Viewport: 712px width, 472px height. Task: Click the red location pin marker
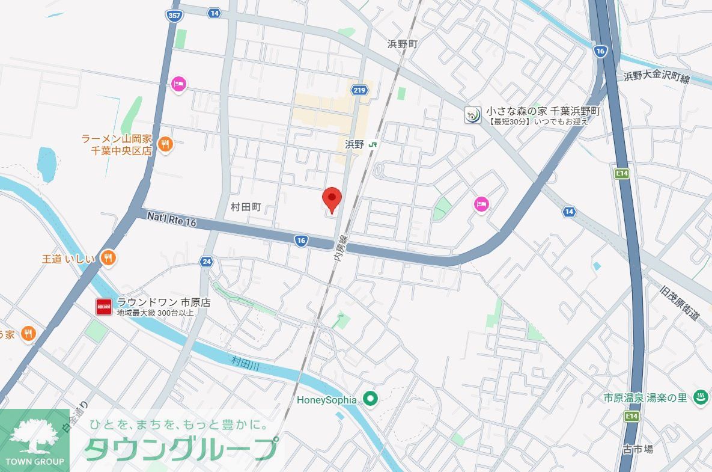[332, 199]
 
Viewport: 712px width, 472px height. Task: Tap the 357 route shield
[174, 17]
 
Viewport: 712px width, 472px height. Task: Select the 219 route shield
[359, 90]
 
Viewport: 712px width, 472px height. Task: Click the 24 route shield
[207, 262]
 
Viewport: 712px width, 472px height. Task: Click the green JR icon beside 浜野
[374, 144]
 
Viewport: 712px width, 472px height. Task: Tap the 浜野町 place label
[402, 44]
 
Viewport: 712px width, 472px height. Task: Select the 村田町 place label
[246, 206]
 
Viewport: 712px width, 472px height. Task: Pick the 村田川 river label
[246, 364]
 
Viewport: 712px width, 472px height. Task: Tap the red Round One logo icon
[104, 307]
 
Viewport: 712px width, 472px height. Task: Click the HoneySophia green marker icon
[371, 399]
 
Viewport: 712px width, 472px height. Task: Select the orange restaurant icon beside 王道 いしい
[108, 259]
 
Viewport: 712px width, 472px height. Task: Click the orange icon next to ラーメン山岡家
[166, 144]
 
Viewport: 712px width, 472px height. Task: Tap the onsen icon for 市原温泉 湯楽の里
[699, 397]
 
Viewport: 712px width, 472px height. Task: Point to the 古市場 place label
[637, 449]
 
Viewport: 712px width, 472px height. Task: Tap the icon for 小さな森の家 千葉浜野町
[473, 114]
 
